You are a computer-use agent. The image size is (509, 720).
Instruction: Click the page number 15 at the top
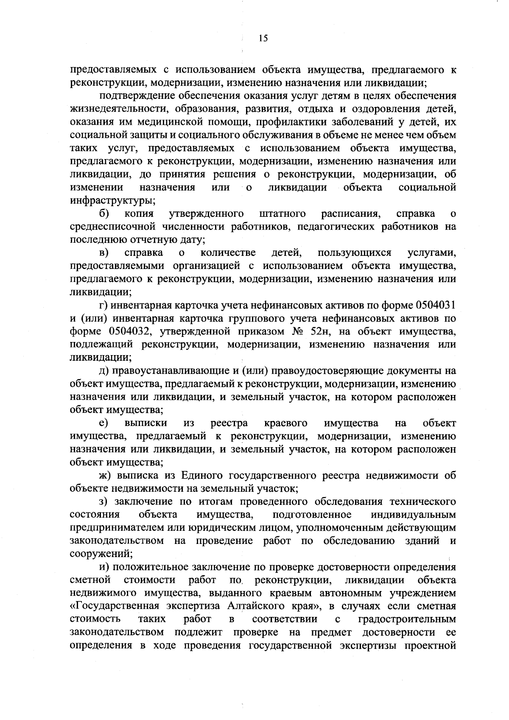(263, 39)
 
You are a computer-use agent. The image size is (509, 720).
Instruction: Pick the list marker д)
(104, 371)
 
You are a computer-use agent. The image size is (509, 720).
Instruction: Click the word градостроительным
(407, 619)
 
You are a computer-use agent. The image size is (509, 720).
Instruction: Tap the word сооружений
(101, 554)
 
